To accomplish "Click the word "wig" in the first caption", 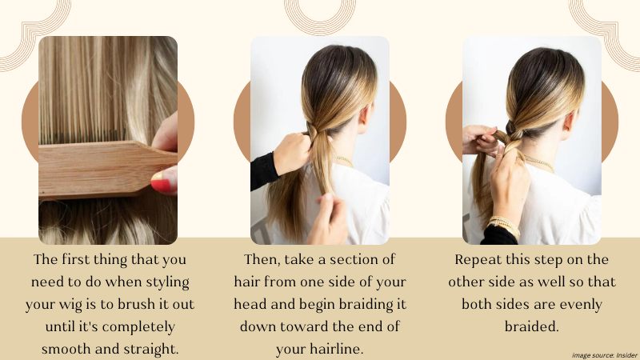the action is [x=64, y=305].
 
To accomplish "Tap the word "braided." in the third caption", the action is [x=531, y=326].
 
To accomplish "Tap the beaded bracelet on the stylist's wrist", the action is [x=505, y=226].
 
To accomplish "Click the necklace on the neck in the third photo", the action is [x=540, y=163].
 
